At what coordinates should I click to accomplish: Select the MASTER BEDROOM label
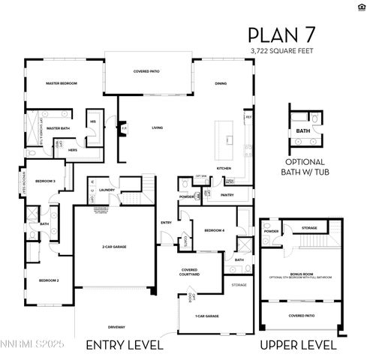[61, 83]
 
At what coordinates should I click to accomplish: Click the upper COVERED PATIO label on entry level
[147, 71]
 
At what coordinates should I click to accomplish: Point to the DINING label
[221, 83]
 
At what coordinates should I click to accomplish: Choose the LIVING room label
[157, 127]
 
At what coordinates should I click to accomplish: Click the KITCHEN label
[224, 168]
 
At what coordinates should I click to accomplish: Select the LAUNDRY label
[106, 190]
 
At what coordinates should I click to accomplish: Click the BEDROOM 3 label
[45, 181]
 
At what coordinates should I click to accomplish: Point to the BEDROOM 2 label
[50, 280]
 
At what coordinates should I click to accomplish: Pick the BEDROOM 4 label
[214, 229]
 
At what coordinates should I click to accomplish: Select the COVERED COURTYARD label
[191, 272]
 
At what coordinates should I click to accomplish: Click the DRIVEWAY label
[116, 326]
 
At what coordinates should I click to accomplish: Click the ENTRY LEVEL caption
[125, 344]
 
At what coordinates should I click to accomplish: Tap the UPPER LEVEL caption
[299, 344]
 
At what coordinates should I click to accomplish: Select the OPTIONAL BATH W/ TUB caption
[305, 166]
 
